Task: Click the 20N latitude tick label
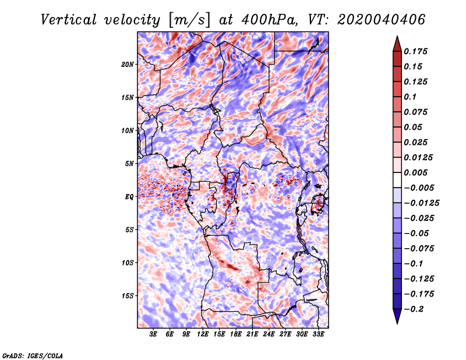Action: [x=128, y=65]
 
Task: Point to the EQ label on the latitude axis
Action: [x=129, y=197]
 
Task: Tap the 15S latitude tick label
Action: [x=128, y=296]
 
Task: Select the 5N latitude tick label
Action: [x=129, y=164]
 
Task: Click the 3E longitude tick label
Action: [x=153, y=334]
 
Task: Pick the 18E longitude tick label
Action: [x=236, y=334]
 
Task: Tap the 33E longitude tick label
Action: [x=318, y=334]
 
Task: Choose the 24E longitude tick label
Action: [x=269, y=334]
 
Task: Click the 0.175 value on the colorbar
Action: [x=415, y=51]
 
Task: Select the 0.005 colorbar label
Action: [x=415, y=172]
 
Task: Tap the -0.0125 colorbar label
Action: [x=421, y=203]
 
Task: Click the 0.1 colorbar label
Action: [x=410, y=97]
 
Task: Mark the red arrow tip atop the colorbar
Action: [x=397, y=36]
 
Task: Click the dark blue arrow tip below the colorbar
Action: [x=397, y=323]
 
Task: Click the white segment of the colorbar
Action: [x=397, y=180]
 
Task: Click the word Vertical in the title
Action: [x=69, y=20]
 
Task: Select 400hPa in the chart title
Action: [x=269, y=20]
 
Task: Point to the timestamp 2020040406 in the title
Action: [x=382, y=20]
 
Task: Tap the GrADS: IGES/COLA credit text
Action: [x=33, y=356]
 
